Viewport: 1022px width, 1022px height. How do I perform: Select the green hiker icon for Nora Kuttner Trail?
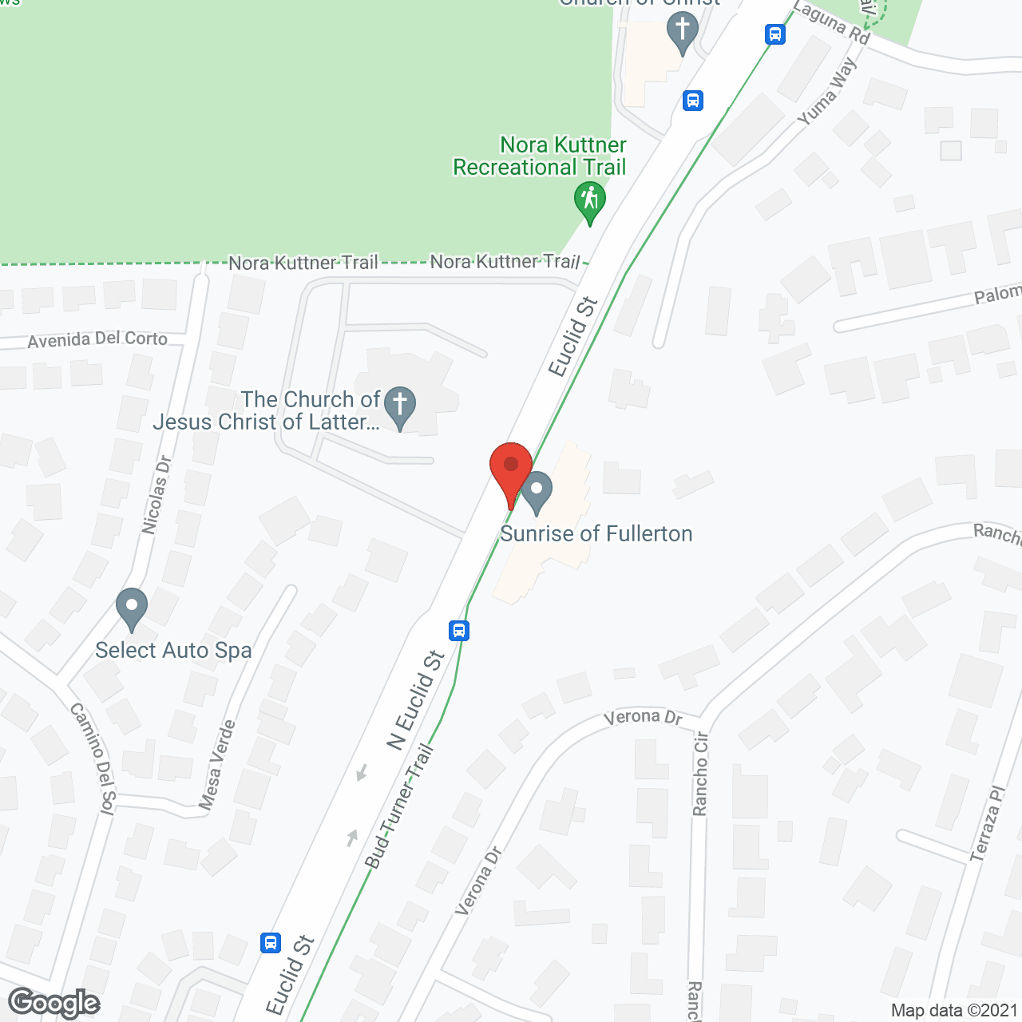589,201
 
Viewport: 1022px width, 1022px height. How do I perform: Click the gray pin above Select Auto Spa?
132,608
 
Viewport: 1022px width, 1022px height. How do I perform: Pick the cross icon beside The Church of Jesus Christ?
400,406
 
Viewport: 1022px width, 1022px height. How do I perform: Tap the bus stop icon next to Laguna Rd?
774,34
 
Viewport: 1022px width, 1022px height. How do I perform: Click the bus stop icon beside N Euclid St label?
458,631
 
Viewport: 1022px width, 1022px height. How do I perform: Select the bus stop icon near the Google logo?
271,942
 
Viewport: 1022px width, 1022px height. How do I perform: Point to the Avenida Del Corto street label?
97,339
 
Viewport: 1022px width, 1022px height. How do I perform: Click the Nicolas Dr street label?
156,494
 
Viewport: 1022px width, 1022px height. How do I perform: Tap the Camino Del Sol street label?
93,756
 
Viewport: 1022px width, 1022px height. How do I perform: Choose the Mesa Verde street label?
217,764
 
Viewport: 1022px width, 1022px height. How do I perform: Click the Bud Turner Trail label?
399,806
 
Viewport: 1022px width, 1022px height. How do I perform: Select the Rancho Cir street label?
700,773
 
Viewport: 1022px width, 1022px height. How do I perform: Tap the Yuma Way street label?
827,91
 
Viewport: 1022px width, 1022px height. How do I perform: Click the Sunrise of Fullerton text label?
596,533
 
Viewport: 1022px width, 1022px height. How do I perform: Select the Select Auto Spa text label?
173,651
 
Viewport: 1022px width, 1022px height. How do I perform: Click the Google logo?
54,1003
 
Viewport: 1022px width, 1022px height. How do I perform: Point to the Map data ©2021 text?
954,1010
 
